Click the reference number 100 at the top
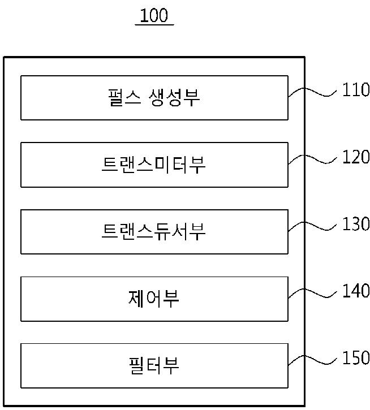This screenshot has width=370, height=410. click(x=154, y=15)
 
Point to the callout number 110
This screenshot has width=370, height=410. click(x=355, y=90)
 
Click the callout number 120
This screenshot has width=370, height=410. click(x=355, y=157)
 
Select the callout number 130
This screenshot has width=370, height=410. click(x=355, y=224)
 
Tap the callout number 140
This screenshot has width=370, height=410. click(x=355, y=291)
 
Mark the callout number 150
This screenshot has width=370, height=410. click(x=355, y=358)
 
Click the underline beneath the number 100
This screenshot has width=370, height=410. click(x=154, y=25)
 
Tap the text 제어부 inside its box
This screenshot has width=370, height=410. click(x=154, y=299)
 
